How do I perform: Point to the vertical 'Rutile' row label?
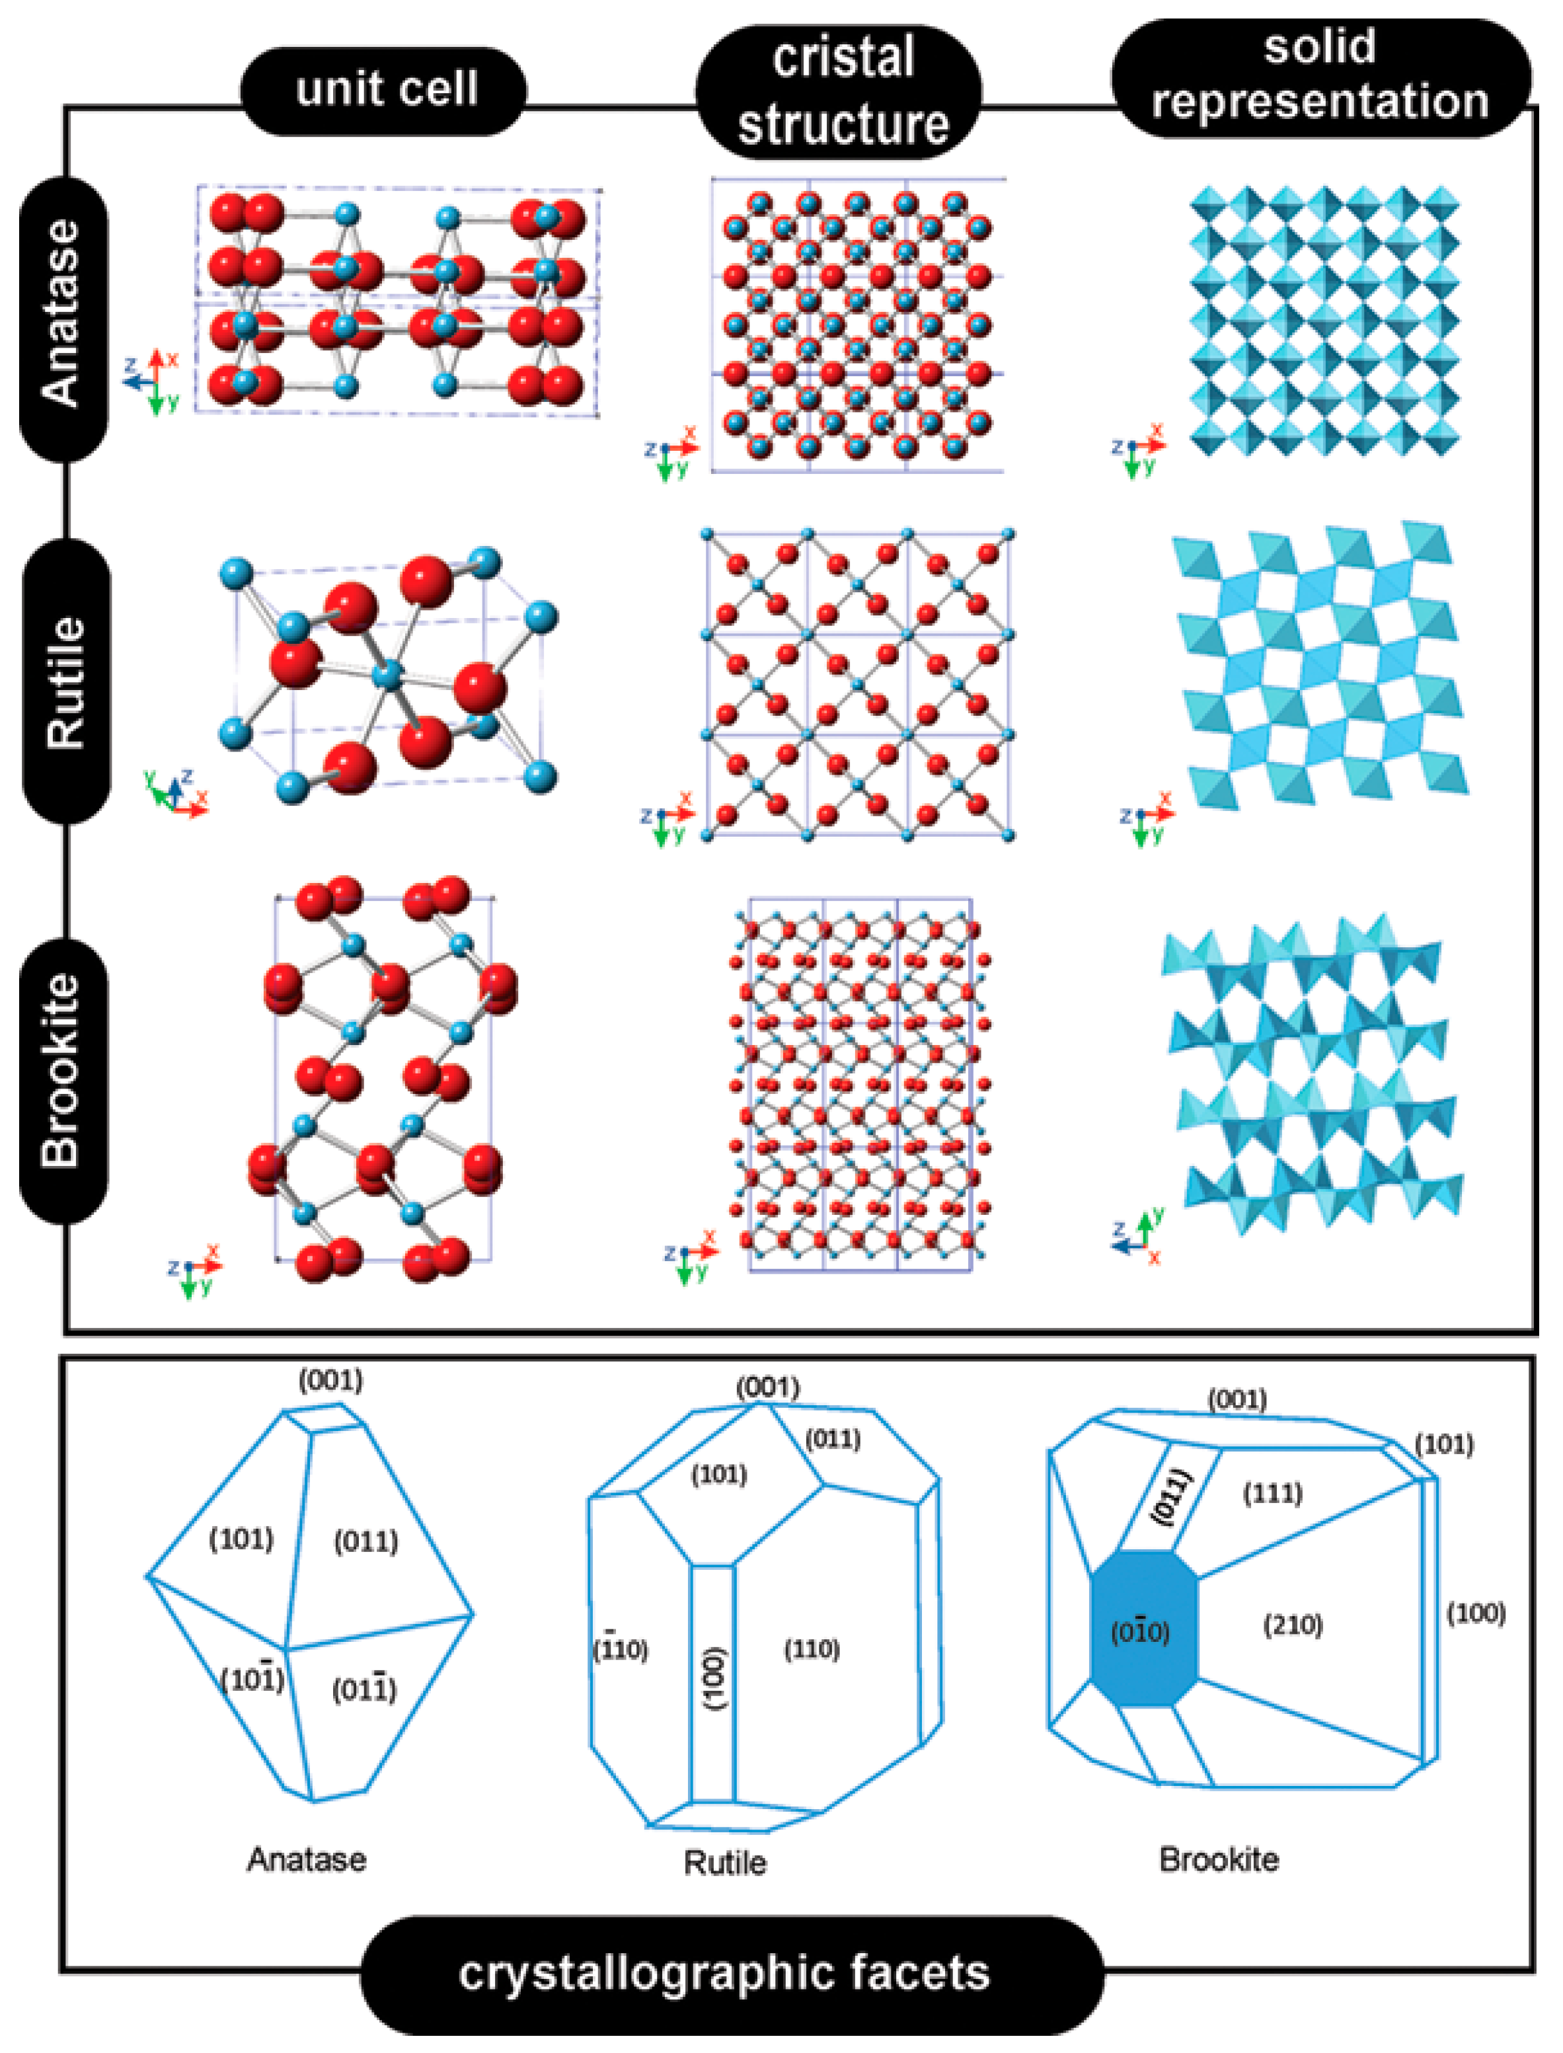pyautogui.click(x=66, y=682)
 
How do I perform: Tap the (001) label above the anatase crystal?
pyautogui.click(x=330, y=1380)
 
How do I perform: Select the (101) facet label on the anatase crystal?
pyautogui.click(x=241, y=1539)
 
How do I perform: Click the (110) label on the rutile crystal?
pyautogui.click(x=812, y=1649)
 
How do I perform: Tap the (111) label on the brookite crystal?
pyautogui.click(x=1273, y=1494)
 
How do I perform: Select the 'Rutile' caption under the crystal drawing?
pyautogui.click(x=725, y=1863)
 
